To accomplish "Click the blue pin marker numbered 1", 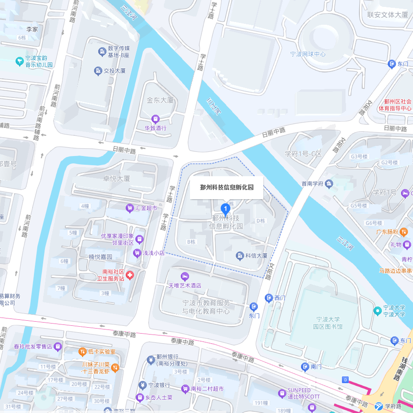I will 225,209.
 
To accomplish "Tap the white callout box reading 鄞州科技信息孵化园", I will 227,188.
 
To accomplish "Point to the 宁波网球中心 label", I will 308,54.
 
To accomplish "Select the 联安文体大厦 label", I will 387,15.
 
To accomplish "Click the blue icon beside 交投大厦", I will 98,71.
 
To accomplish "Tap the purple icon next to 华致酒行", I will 155,118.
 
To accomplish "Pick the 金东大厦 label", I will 160,100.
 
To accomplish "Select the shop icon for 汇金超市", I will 130,208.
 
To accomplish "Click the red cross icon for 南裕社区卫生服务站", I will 130,275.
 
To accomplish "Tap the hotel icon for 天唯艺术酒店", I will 185,276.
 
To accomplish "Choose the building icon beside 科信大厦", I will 240,256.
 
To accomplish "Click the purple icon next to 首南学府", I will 328,184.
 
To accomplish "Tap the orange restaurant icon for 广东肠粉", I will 403,232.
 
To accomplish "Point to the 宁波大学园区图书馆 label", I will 328,323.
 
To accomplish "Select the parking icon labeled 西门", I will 269,298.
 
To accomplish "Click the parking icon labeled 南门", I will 305,367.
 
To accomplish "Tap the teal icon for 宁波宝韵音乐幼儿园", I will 19,61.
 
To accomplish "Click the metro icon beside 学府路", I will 379,406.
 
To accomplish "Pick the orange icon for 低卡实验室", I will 82,352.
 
